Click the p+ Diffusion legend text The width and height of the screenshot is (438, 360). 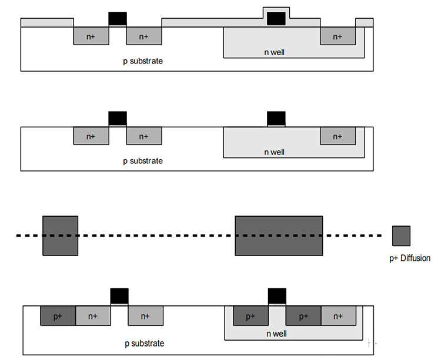tap(410, 258)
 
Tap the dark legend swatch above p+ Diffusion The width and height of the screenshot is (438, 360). tap(401, 236)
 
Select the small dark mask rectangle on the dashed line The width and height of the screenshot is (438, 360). tap(61, 235)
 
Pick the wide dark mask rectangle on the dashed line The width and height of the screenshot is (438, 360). tap(279, 235)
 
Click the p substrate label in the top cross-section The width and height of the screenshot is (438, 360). tap(143, 61)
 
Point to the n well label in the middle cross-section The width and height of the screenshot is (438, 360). tap(275, 152)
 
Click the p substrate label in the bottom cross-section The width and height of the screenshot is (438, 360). tap(145, 343)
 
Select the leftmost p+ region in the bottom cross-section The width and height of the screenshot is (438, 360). tap(58, 315)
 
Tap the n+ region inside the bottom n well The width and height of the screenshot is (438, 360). tap(339, 315)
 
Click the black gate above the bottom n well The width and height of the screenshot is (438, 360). tap(277, 296)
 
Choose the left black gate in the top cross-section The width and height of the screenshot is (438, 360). tap(118, 19)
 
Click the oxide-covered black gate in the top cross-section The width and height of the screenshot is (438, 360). tap(276, 18)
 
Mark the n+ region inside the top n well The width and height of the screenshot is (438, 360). tap(337, 36)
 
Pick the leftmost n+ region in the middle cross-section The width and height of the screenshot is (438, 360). tap(91, 136)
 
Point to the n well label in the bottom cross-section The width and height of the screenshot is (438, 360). tap(276, 334)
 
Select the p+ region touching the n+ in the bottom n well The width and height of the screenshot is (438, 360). tap(303, 315)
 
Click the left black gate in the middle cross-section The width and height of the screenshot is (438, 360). tap(118, 118)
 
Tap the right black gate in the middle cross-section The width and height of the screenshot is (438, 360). tap(276, 118)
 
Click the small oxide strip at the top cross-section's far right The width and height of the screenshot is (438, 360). tap(365, 22)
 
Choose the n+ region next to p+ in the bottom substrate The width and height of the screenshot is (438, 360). tap(93, 315)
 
